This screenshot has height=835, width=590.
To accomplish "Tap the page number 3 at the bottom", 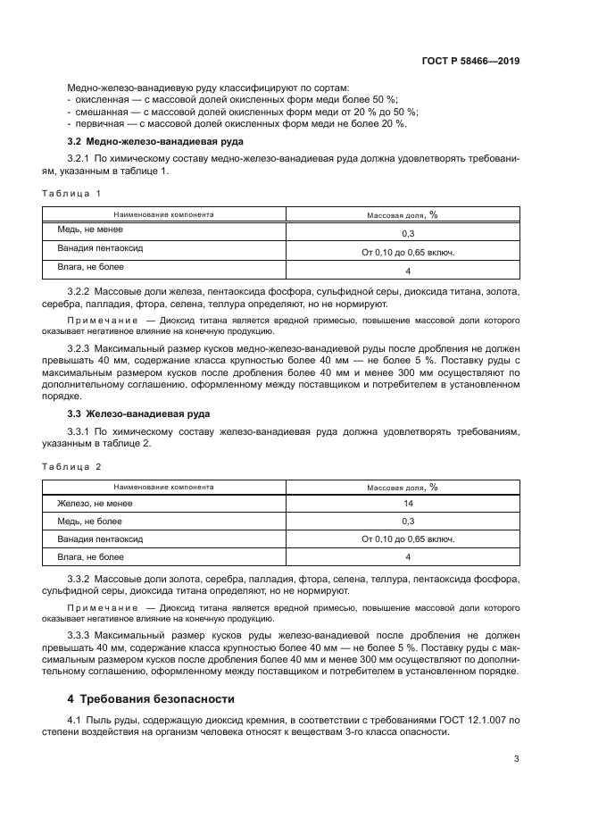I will point(517,760).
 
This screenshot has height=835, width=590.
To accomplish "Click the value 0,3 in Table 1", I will point(408,233).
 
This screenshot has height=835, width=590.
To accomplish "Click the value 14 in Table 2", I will point(408,504).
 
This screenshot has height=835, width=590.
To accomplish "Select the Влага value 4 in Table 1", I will point(408,271).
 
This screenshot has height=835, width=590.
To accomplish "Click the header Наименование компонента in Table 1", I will point(163,214).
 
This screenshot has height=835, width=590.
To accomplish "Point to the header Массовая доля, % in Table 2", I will point(403,488).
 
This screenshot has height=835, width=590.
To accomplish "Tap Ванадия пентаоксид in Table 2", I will point(100,539).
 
